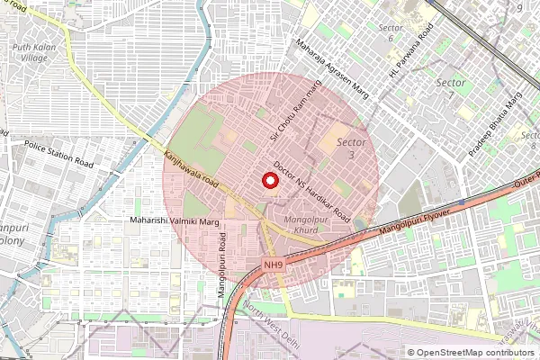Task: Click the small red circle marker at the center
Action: pyautogui.click(x=269, y=180)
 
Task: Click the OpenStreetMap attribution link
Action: pyautogui.click(x=475, y=352)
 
